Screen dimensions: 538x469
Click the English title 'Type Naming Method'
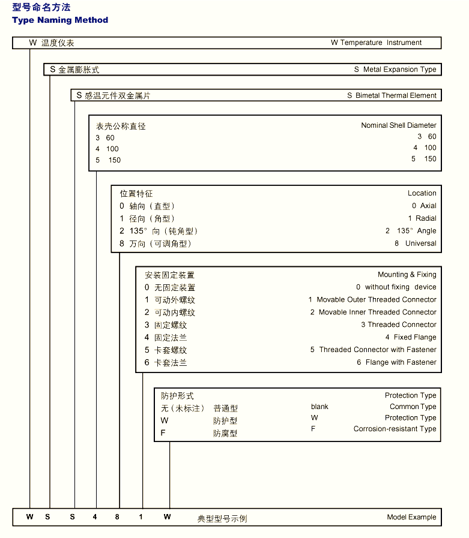(60, 20)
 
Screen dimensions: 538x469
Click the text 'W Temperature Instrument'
(376, 43)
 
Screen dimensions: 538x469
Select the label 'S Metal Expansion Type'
(395, 70)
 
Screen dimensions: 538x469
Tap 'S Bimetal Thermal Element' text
(392, 95)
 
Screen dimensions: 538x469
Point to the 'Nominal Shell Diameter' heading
(398, 125)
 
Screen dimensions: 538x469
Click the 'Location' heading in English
(422, 193)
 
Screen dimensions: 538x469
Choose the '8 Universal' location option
(415, 244)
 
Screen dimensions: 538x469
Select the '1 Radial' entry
(422, 218)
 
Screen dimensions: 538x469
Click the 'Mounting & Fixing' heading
(407, 275)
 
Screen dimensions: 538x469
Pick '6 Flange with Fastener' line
(396, 362)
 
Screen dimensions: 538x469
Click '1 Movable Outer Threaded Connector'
(372, 299)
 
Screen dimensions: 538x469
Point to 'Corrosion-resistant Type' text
(395, 429)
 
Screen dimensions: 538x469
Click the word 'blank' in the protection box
(319, 407)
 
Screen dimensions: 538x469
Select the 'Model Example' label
(411, 517)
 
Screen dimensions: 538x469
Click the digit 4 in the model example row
(95, 517)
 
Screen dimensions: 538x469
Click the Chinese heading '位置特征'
(136, 193)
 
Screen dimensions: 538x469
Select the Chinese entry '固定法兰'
(171, 338)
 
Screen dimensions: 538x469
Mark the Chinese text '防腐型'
(225, 433)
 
